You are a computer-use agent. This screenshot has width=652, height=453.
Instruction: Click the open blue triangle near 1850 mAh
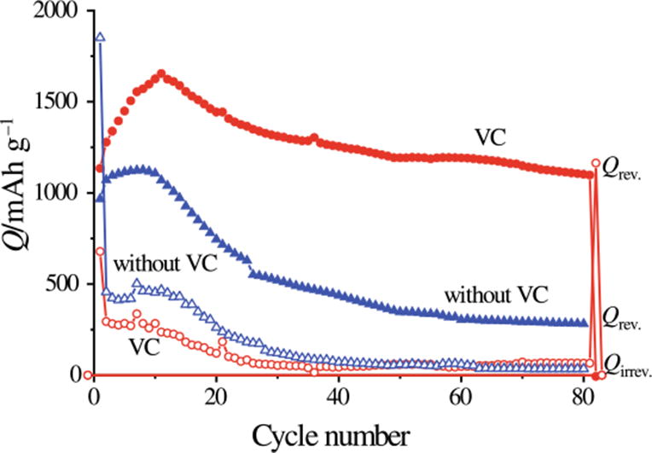(x=100, y=38)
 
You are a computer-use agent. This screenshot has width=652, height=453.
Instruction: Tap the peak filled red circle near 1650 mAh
(x=161, y=74)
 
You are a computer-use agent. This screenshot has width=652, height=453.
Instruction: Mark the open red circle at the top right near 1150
(x=596, y=163)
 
